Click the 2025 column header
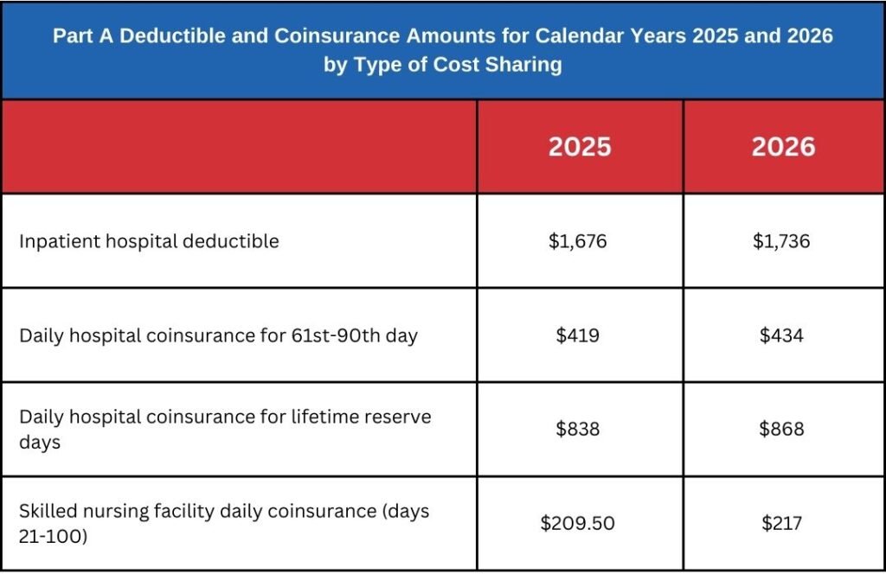click(579, 147)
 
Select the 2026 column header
click(783, 147)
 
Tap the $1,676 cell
click(578, 241)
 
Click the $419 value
click(578, 335)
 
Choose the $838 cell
click(578, 430)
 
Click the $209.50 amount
click(578, 523)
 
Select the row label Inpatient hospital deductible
click(149, 241)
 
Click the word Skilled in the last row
click(47, 511)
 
